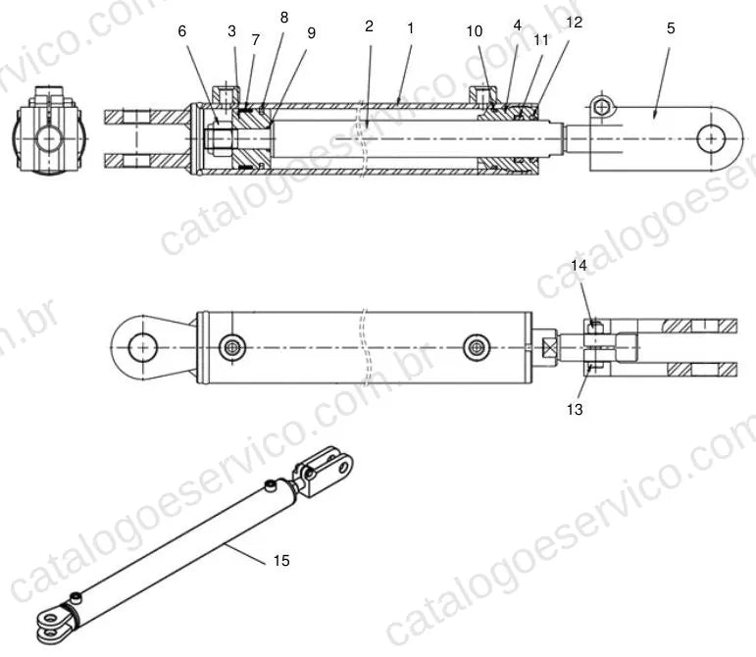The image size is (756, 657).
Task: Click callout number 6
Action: pos(181,31)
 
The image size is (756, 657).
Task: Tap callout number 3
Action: pos(232,31)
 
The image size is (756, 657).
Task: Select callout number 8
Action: pos(284,18)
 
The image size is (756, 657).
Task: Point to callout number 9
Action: pos(312,33)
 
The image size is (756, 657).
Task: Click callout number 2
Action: pos(370,26)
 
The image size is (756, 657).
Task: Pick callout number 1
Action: pos(411,28)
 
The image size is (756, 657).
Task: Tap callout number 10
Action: pos(475,31)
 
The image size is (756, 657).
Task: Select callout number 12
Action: pos(575,23)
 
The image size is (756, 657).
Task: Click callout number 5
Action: pos(671,28)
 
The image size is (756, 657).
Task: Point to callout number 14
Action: pos(580,266)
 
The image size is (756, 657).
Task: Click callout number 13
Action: pos(575,410)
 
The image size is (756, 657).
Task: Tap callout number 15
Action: pos(281,561)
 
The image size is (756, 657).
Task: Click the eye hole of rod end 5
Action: pos(711,138)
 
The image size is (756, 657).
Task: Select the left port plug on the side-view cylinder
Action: pos(232,347)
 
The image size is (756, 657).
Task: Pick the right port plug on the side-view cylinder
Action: pos(477,347)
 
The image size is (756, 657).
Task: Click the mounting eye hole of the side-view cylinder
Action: pos(143,347)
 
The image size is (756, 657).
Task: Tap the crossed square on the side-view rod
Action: pos(550,347)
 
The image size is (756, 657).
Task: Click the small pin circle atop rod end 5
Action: pos(601,107)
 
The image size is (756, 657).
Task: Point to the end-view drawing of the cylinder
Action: pos(49,130)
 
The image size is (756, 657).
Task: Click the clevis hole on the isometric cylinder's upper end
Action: pos(343,467)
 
